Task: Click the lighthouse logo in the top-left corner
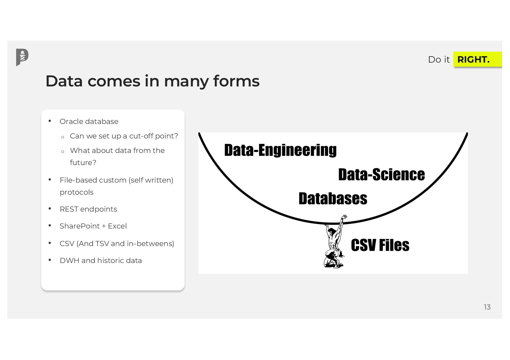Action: coord(22,57)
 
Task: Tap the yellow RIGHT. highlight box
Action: coord(477,59)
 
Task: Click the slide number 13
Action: coord(487,307)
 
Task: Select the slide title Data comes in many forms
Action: coord(152,81)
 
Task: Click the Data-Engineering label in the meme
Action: coord(280,150)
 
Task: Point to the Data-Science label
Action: coord(381,175)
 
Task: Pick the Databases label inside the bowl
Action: coord(333,199)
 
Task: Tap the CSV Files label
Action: coord(380,245)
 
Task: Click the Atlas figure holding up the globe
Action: coord(334,245)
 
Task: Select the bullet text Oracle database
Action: coord(89,122)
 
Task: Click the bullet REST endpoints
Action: coord(88,209)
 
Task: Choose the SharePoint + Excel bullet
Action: coord(93,226)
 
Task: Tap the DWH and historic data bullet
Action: coord(101,261)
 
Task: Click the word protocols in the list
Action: coord(76,192)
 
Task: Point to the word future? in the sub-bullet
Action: coord(83,163)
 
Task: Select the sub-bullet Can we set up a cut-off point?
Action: coord(124,136)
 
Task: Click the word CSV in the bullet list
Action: coord(67,244)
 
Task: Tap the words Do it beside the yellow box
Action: coord(439,60)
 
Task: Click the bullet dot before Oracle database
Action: coord(50,121)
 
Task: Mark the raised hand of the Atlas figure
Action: coord(344,217)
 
